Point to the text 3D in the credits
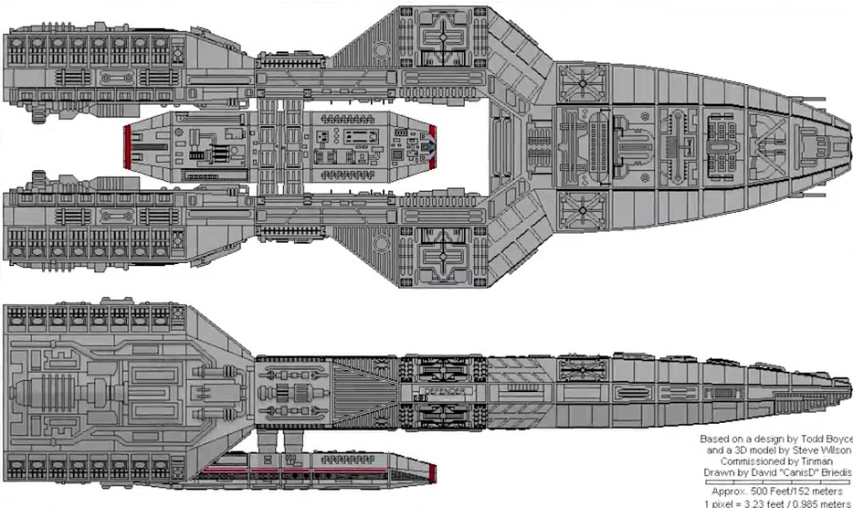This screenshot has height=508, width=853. (732, 450)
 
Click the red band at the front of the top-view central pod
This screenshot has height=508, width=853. (434, 149)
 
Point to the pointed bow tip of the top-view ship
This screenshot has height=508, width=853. (848, 150)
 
